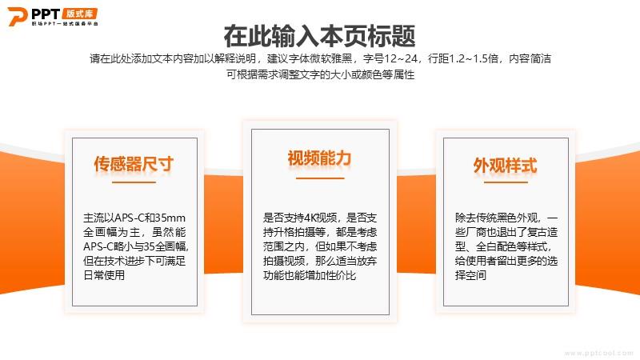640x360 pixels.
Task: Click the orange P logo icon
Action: pos(18,17)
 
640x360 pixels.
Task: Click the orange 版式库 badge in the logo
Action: pos(80,14)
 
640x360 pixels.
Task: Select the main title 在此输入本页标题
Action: pos(319,36)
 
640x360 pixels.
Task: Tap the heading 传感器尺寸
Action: pos(134,164)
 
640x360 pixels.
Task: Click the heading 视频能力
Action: pos(319,158)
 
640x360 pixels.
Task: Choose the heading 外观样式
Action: pos(506,166)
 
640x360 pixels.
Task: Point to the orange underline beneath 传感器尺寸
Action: pos(134,182)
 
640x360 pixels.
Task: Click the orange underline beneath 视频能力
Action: pos(320,178)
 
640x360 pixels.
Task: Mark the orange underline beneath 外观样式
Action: pos(506,182)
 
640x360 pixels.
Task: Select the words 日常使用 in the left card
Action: pos(104,275)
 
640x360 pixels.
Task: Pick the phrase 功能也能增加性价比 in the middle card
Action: pos(310,275)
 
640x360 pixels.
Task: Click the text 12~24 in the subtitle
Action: pos(401,58)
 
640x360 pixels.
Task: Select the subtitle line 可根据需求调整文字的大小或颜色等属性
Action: pos(321,74)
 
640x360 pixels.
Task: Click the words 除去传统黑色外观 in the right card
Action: pos(496,218)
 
